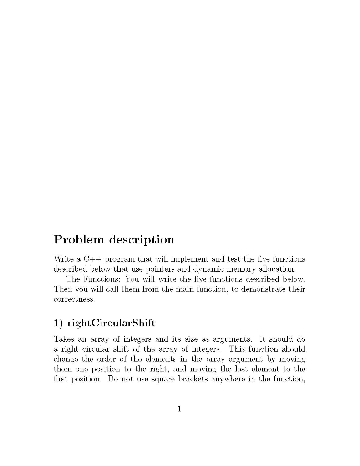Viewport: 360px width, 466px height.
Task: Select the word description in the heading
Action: tap(141, 240)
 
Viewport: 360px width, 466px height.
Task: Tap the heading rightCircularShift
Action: tap(111, 324)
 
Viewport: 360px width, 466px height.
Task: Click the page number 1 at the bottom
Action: tap(180, 409)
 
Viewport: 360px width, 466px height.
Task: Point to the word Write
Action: tap(63, 259)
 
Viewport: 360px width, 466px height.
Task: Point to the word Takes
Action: tap(63, 339)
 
